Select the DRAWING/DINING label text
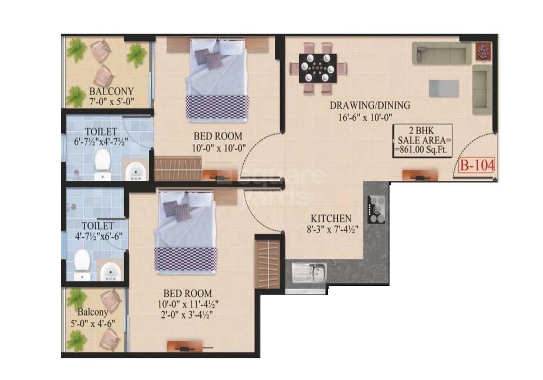370,105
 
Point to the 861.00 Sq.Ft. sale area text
423,150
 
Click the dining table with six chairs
318,67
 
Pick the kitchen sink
309,273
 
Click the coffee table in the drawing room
443,87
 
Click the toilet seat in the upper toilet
102,163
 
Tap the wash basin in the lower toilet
110,270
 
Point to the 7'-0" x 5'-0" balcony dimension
111,101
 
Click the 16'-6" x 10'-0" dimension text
368,116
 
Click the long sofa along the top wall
441,53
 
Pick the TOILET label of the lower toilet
98,225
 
